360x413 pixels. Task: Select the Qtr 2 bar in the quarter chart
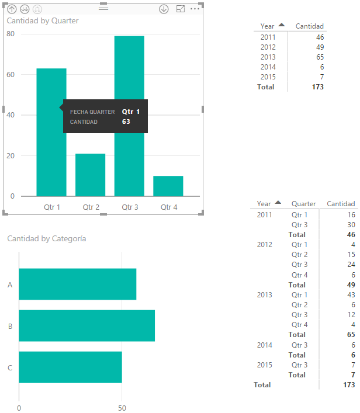click(90, 175)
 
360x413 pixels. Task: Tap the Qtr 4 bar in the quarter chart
click(168, 186)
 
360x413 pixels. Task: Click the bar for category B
click(86, 326)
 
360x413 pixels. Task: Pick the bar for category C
click(70, 367)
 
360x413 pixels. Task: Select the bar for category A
click(77, 284)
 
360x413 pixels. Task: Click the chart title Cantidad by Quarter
click(43, 20)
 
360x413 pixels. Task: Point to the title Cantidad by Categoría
click(47, 238)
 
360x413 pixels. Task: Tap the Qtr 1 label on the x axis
click(52, 207)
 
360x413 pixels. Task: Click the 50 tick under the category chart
click(122, 408)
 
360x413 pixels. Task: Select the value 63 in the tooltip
click(126, 122)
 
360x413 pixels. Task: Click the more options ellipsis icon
click(195, 9)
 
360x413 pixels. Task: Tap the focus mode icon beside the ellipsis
click(180, 9)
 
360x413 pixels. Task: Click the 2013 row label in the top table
click(268, 57)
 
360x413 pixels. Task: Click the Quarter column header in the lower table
click(303, 204)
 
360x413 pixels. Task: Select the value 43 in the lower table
click(351, 294)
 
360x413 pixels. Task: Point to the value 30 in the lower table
click(351, 225)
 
